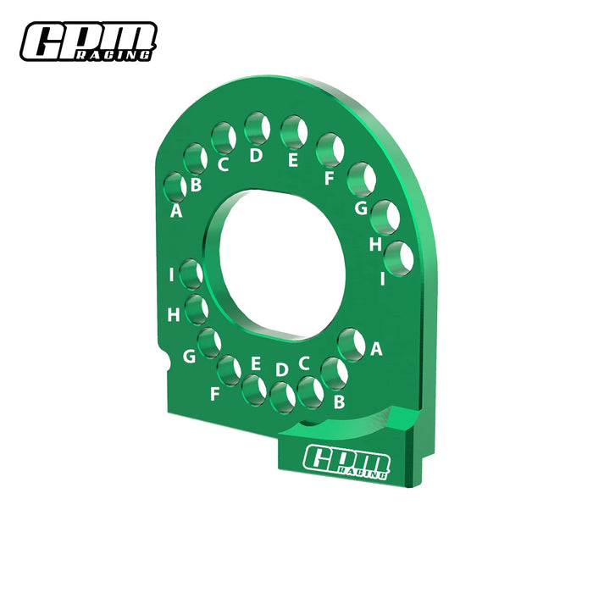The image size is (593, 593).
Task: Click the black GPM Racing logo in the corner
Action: (89, 42)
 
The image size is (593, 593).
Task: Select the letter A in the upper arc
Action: (176, 211)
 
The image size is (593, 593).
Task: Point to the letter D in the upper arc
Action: (256, 156)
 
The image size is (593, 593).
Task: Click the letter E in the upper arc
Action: (292, 158)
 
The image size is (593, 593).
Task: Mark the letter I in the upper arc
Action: (383, 277)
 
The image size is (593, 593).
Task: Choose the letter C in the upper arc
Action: (223, 163)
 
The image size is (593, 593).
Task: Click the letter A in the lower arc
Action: (376, 347)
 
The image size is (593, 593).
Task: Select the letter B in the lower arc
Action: (339, 402)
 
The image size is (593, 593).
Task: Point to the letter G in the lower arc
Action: (189, 357)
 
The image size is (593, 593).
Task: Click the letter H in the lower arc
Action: (173, 315)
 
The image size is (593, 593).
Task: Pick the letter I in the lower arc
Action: (172, 274)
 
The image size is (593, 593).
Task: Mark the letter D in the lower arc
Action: (281, 369)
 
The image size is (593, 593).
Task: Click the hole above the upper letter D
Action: (257, 130)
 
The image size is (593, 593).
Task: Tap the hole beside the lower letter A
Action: (350, 344)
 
